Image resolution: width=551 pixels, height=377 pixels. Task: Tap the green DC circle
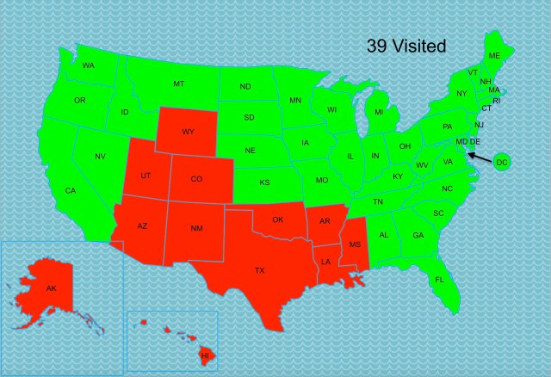(503, 162)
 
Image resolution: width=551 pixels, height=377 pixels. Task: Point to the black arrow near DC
(480, 158)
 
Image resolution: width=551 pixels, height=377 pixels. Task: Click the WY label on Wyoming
(188, 133)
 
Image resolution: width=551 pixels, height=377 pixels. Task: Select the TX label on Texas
(259, 270)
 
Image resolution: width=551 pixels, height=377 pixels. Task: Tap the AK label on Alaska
(52, 289)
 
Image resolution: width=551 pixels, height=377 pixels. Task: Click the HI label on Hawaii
(205, 355)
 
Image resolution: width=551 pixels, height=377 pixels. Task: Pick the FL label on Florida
(439, 280)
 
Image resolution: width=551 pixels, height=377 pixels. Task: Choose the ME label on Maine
(494, 56)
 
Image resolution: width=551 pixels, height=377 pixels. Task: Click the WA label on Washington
(89, 65)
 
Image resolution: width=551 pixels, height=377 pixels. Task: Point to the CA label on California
(70, 190)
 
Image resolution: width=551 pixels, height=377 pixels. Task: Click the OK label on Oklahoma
(277, 219)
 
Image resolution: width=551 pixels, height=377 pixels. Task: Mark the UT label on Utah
(145, 176)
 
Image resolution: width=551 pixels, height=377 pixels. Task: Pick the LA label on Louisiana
(326, 261)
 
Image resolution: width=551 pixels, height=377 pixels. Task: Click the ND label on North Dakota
(245, 87)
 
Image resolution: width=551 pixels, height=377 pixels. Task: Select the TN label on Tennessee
(378, 201)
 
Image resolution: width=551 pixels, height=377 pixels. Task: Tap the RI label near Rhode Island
(496, 100)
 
